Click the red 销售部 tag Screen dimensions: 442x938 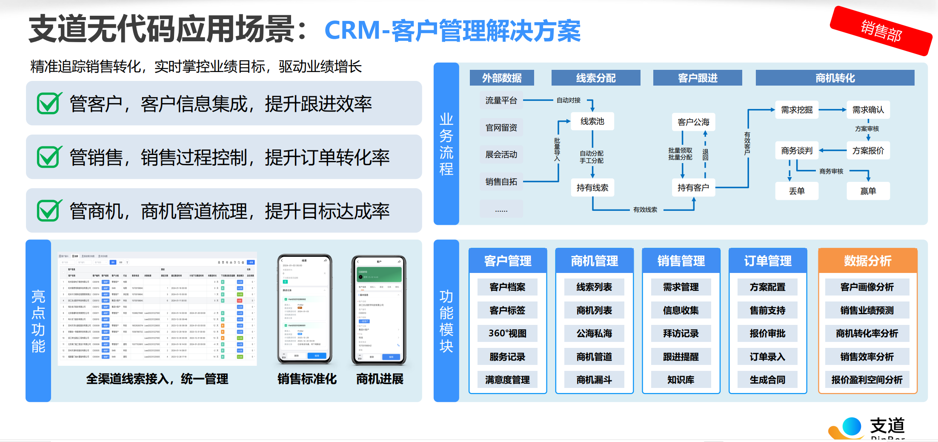click(881, 31)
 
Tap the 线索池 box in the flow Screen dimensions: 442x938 click(592, 122)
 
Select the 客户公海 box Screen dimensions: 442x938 click(693, 122)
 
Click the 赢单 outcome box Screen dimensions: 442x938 click(868, 191)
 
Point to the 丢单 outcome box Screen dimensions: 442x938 click(796, 191)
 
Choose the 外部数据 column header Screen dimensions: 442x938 click(502, 78)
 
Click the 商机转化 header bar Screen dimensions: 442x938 click(835, 78)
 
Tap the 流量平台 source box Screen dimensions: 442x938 click(501, 100)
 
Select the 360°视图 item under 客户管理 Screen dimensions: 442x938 click(507, 333)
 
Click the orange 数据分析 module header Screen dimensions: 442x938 click(867, 261)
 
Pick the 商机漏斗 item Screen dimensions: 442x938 click(594, 380)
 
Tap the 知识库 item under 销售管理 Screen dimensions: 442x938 click(681, 380)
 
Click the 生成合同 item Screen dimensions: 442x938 click(767, 380)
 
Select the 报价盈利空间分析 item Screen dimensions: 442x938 click(867, 380)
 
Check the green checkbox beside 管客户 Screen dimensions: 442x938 click(49, 103)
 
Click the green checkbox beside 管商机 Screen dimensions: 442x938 click(49, 211)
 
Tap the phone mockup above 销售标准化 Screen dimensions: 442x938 click(304, 309)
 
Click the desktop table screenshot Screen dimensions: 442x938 click(157, 309)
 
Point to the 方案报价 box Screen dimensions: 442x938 click(868, 151)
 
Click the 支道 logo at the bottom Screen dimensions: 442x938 click(868, 427)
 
